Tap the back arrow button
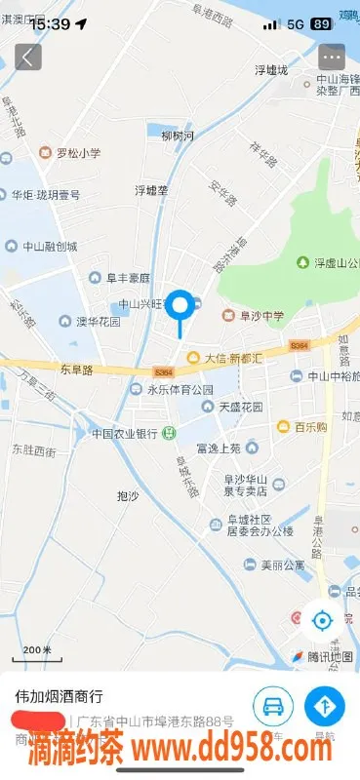pos(27,57)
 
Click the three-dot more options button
pos(332,57)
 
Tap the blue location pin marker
pos(180,306)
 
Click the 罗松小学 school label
pos(76,153)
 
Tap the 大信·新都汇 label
pos(231,358)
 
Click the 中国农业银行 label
pos(125,433)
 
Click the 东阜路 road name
pos(75,370)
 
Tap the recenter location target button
pos(322,619)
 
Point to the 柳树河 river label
pos(177,136)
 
